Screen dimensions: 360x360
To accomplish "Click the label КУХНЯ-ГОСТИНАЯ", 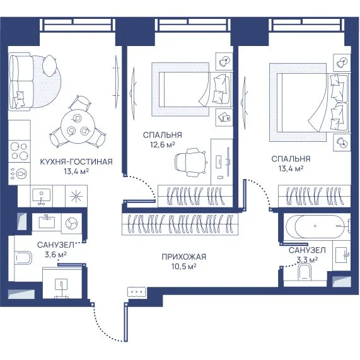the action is pyautogui.click(x=76, y=161).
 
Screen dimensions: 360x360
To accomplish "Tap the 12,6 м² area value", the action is pyautogui.click(x=163, y=144).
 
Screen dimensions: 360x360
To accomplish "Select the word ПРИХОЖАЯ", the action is pyautogui.click(x=183, y=257).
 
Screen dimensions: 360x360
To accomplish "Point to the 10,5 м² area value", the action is pyautogui.click(x=183, y=267).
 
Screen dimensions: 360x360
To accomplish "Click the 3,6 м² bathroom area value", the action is pyautogui.click(x=55, y=255).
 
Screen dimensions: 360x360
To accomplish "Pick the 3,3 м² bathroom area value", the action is pyautogui.click(x=307, y=260).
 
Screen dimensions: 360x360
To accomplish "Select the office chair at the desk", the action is pyautogui.click(x=190, y=162).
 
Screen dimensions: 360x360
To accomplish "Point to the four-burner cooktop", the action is pyautogui.click(x=20, y=152).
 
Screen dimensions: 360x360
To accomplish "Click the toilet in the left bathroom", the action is pyautogui.click(x=23, y=258).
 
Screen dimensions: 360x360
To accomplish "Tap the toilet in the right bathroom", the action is pyautogui.click(x=305, y=272).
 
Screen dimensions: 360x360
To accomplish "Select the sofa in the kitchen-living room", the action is pyautogui.click(x=21, y=81).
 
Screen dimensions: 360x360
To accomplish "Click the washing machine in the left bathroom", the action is pyautogui.click(x=71, y=223).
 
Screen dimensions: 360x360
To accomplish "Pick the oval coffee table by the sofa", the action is pyautogui.click(x=49, y=66).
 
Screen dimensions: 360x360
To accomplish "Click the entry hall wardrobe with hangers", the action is pyautogui.click(x=180, y=224).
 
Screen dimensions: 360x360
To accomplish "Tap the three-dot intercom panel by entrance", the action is pyautogui.click(x=137, y=291).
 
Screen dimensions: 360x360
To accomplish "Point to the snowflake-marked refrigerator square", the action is pyautogui.click(x=76, y=197).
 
